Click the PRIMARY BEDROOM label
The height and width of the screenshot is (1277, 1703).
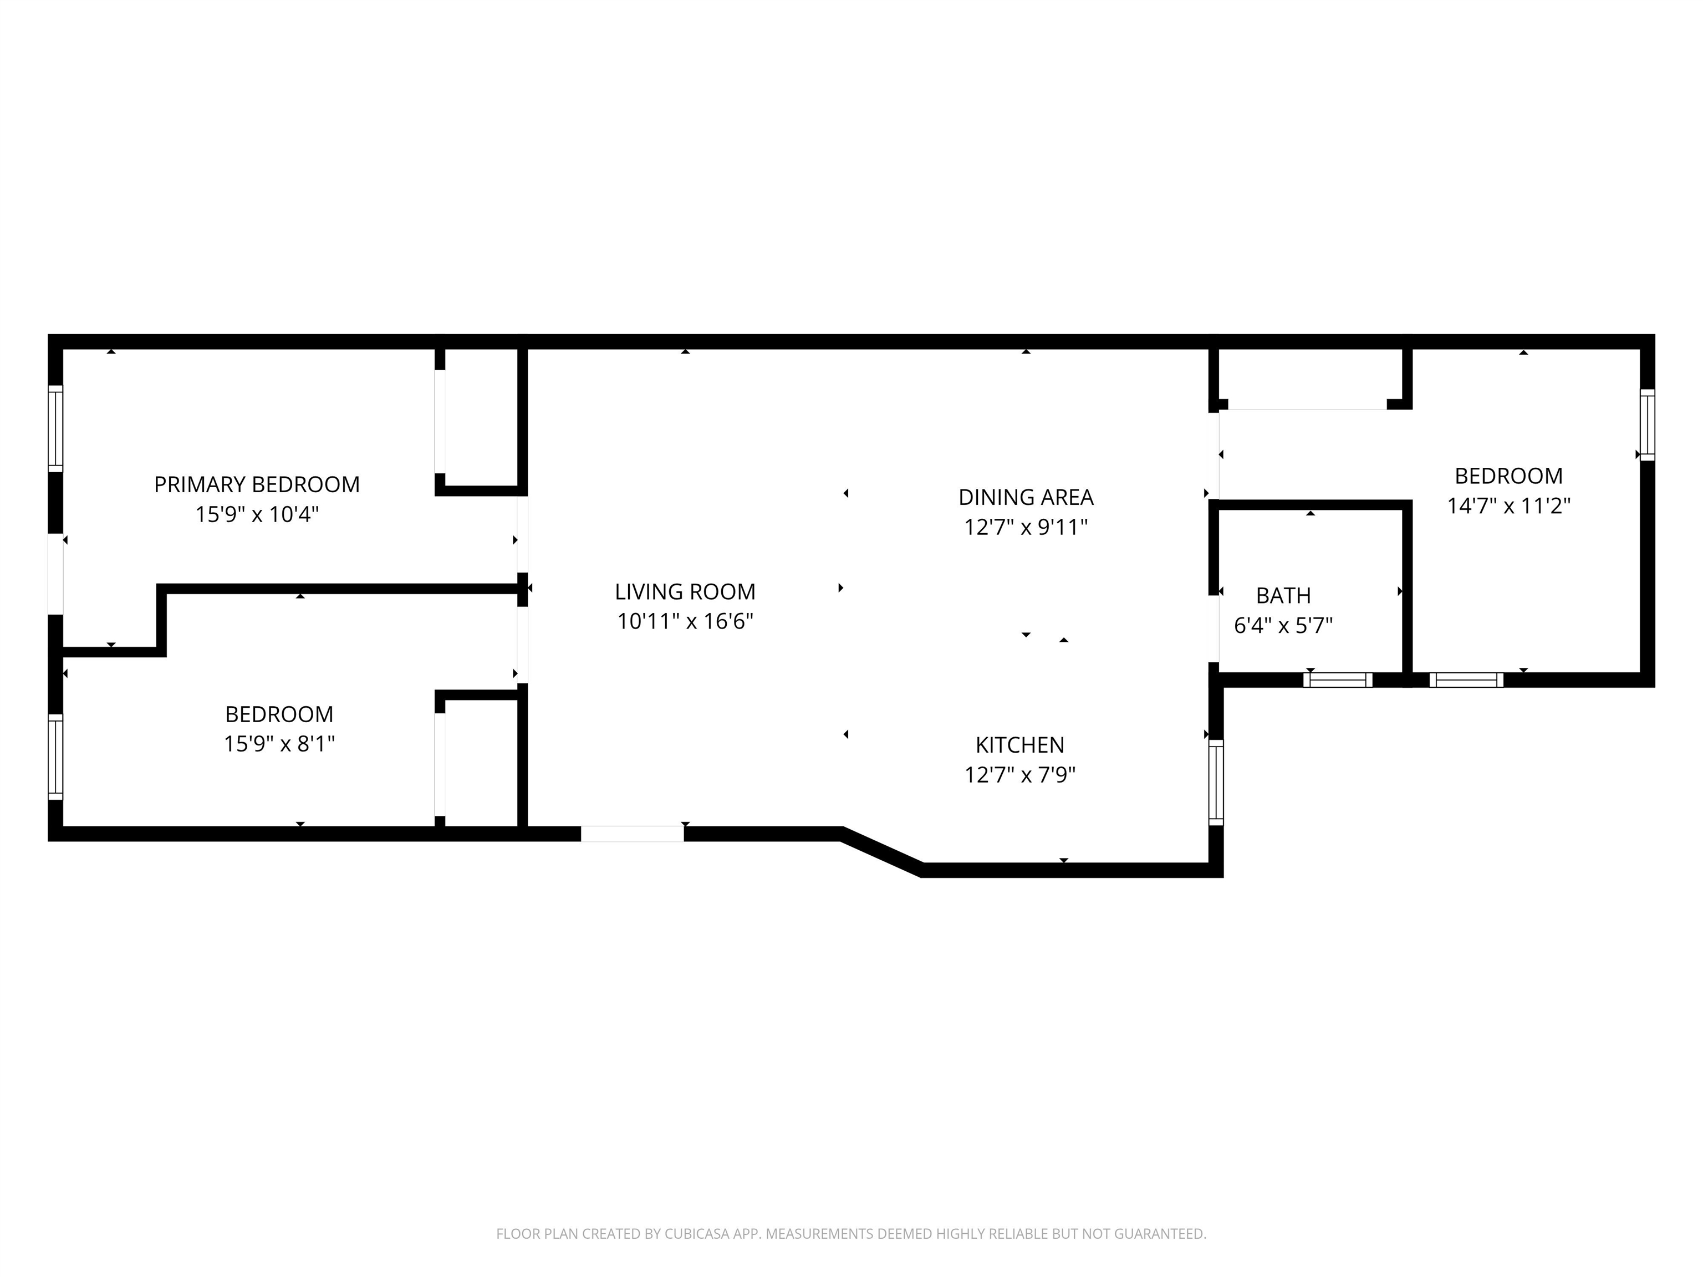tap(257, 484)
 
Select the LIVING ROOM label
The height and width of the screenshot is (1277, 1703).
tap(685, 591)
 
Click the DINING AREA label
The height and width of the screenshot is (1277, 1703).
tap(1026, 497)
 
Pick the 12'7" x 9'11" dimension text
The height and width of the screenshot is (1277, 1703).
tap(1026, 527)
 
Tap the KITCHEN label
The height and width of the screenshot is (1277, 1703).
tap(1020, 744)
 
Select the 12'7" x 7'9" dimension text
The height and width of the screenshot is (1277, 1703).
tap(1020, 774)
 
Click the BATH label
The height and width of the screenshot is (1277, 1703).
tap(1283, 595)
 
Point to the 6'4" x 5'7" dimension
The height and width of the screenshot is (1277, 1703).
tap(1283, 625)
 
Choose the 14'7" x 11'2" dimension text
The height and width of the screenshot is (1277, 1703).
tap(1509, 505)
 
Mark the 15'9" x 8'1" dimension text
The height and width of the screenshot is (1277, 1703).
tap(279, 744)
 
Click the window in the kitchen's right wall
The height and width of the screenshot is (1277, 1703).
tap(1216, 782)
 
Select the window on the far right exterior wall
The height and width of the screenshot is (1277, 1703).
tap(1647, 425)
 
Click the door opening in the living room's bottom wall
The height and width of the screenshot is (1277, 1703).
tap(632, 834)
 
